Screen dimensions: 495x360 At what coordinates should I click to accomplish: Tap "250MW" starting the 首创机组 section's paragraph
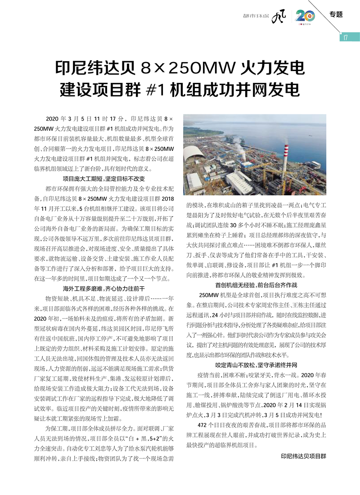click(208, 295)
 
